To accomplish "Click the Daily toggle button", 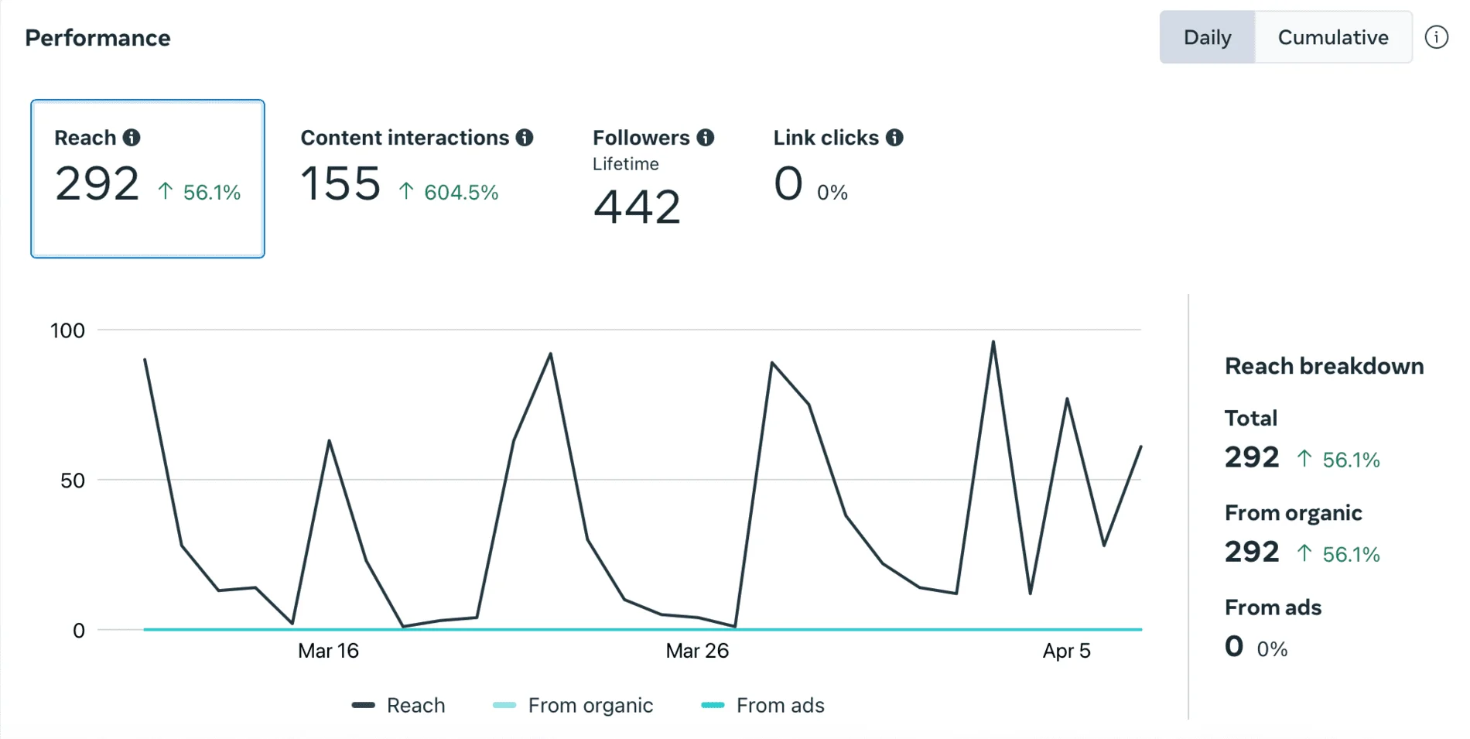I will (x=1207, y=37).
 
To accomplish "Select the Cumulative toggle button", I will (x=1332, y=37).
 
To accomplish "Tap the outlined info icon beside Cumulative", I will (x=1436, y=37).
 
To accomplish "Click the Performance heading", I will (x=97, y=38).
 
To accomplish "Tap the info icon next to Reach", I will (x=132, y=138).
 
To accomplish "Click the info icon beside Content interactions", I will (x=525, y=138).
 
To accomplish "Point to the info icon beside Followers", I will (x=705, y=138).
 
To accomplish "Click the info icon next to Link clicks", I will (x=894, y=138).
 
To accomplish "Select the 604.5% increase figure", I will (x=460, y=192).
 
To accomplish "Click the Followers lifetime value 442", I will (x=637, y=207).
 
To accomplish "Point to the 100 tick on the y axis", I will (x=67, y=331).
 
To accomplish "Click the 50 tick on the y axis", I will (x=73, y=481).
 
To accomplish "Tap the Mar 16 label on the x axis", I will (x=328, y=651).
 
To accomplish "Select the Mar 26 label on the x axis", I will (x=697, y=651).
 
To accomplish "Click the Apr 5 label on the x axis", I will (x=1066, y=651).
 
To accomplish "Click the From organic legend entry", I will (x=590, y=706).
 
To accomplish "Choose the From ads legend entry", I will (x=780, y=706).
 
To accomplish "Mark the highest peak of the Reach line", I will (x=993, y=342).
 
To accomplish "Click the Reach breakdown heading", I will (x=1324, y=366).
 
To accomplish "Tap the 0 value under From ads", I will (x=1234, y=646).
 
